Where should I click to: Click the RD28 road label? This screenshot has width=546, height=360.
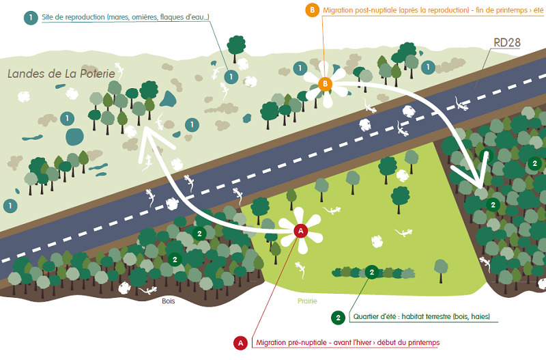click(507, 43)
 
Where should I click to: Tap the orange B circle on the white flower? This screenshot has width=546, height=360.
click(325, 84)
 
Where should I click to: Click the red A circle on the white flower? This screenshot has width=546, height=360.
click(299, 231)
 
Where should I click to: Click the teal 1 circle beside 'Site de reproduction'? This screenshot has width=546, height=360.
click(30, 18)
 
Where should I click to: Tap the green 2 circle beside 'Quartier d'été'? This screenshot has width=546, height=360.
click(338, 317)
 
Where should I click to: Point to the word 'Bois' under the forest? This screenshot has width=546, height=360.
click(169, 299)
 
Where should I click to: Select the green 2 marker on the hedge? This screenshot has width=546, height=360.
click(371, 272)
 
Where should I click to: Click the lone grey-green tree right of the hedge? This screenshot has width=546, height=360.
click(442, 267)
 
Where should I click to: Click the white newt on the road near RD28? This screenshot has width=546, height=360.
click(458, 104)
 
